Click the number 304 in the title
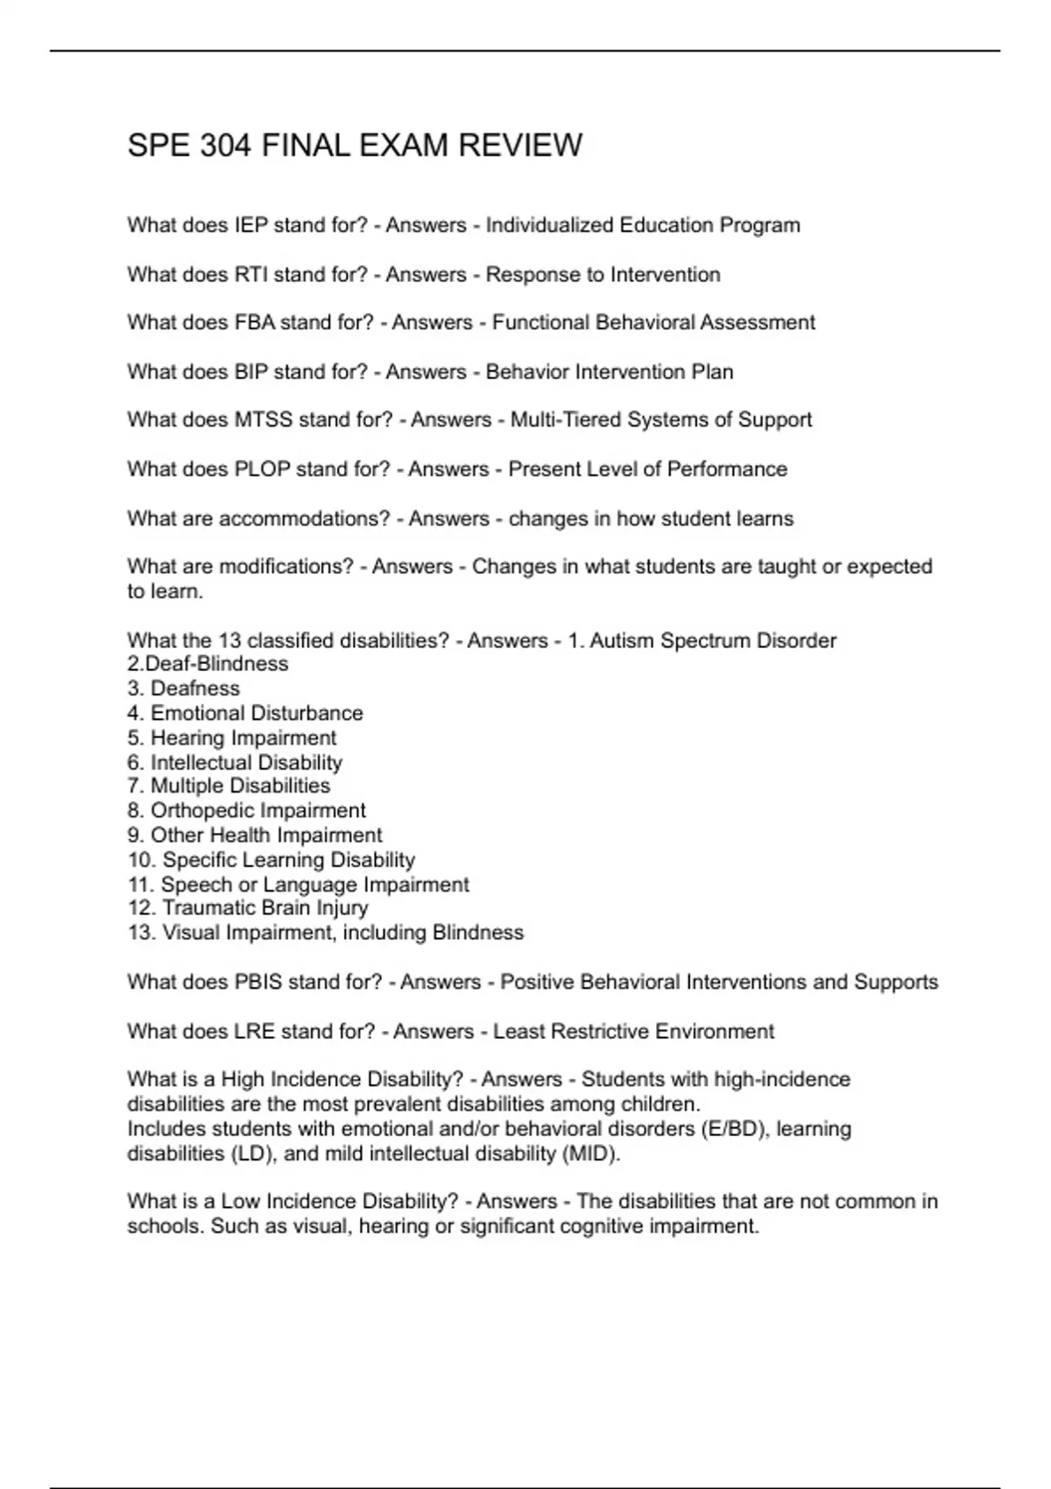(226, 145)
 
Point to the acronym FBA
(255, 322)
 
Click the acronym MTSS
(264, 420)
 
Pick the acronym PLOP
(262, 469)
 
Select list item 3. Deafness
(183, 688)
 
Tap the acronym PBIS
(258, 982)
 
